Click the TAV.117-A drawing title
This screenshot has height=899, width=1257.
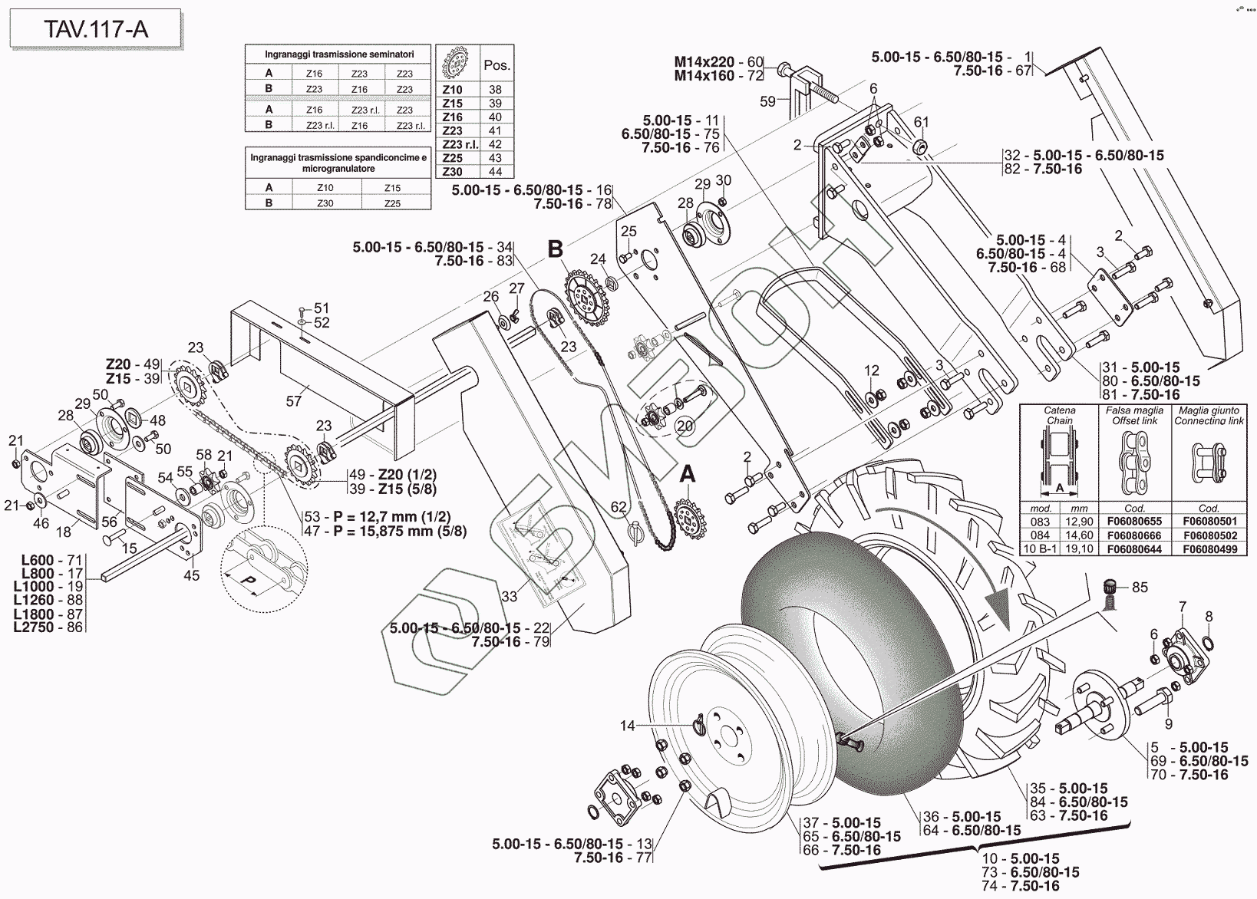click(95, 30)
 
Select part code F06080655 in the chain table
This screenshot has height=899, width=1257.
click(1134, 522)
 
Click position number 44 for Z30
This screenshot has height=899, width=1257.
click(495, 172)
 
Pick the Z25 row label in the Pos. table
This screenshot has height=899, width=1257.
click(453, 158)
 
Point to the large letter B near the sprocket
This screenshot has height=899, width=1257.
click(555, 249)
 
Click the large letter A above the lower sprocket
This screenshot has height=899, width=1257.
click(688, 476)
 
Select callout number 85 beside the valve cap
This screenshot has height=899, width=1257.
click(1140, 588)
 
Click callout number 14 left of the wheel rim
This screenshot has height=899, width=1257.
click(628, 725)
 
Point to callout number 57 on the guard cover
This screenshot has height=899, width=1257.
click(294, 400)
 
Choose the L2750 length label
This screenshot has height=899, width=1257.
click(34, 627)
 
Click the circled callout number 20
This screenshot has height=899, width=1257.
click(684, 426)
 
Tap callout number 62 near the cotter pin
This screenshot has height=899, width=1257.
click(619, 507)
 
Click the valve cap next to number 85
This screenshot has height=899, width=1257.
click(1110, 588)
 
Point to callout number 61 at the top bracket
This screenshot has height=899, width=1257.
click(921, 122)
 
